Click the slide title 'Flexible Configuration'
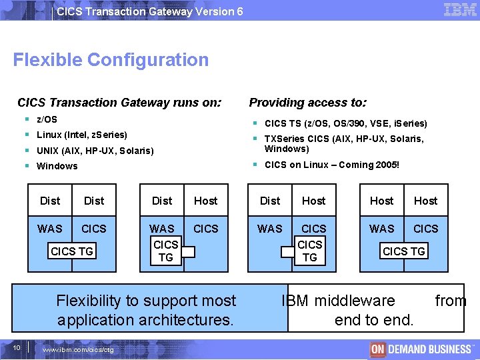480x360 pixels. click(111, 60)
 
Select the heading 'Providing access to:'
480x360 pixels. click(307, 103)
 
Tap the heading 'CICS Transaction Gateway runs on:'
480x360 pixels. click(119, 103)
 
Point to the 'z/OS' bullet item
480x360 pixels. click(47, 119)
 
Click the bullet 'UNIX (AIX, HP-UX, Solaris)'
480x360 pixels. click(95, 151)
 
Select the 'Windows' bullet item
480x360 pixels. click(57, 166)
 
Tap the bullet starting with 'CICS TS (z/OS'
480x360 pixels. click(345, 123)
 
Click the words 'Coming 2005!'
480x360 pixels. click(369, 165)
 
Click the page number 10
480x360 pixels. click(17, 348)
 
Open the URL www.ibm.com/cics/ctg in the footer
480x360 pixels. click(78, 350)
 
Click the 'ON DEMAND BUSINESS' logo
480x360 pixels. click(421, 349)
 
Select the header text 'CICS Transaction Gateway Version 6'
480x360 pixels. click(150, 11)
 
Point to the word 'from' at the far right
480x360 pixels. click(451, 301)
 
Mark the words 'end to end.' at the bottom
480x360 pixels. click(374, 320)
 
